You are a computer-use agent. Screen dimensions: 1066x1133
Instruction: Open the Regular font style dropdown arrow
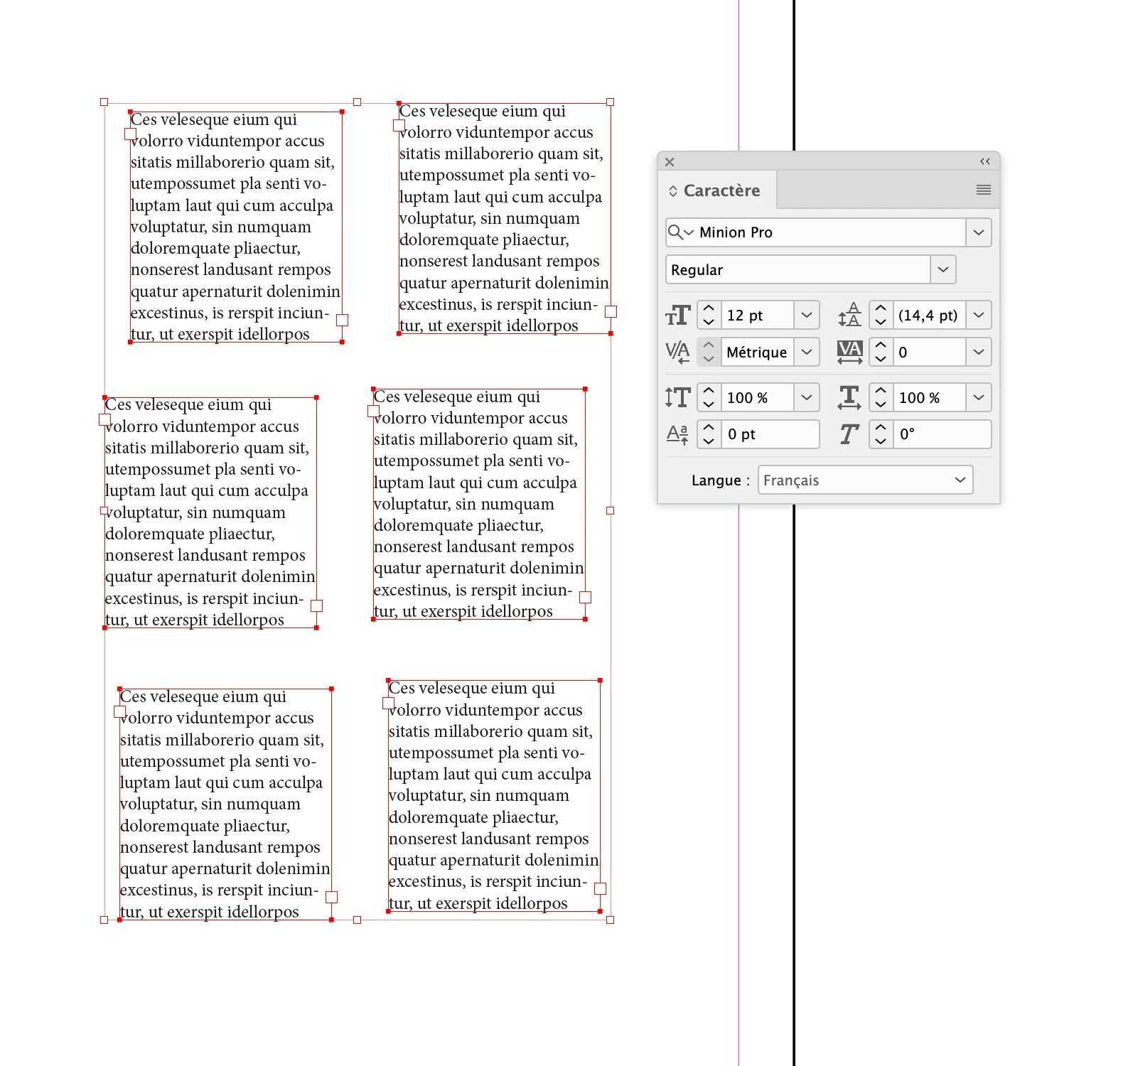(943, 269)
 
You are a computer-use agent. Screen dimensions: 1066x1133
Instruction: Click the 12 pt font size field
(756, 315)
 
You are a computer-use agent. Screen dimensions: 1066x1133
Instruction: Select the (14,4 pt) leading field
(928, 315)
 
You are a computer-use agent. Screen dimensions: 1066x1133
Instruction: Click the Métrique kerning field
(756, 352)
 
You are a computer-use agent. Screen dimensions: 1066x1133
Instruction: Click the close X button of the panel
(670, 162)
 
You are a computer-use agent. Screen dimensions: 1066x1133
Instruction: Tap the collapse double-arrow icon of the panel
(984, 161)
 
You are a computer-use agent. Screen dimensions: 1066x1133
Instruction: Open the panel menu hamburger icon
(984, 190)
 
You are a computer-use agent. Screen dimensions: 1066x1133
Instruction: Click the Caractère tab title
(721, 190)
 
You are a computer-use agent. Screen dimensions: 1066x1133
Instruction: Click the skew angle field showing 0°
(941, 434)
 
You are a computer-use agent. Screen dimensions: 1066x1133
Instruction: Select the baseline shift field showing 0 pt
(770, 434)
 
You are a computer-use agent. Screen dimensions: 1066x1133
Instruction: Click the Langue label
(716, 480)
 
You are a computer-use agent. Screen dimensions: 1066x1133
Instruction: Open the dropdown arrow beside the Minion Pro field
(979, 232)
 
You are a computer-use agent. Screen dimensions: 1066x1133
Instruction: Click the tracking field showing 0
(928, 352)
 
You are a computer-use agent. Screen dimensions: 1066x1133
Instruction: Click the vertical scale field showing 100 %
(756, 397)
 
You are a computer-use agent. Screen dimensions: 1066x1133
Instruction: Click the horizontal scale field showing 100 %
(928, 397)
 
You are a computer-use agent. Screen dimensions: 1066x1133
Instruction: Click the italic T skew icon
(849, 434)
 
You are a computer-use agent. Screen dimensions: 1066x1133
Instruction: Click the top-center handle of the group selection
(358, 102)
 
